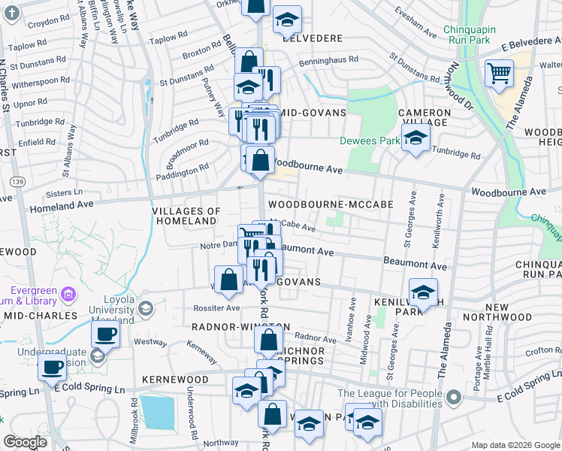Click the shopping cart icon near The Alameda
[499, 74]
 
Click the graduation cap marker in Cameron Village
[415, 137]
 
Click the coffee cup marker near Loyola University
[105, 333]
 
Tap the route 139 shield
[17, 181]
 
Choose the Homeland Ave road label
[61, 204]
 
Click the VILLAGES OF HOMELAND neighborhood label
[186, 216]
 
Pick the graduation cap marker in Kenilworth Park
[424, 292]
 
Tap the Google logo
[26, 442]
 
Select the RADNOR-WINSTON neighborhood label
[240, 327]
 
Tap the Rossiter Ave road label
[218, 307]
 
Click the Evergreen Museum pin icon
[68, 292]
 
